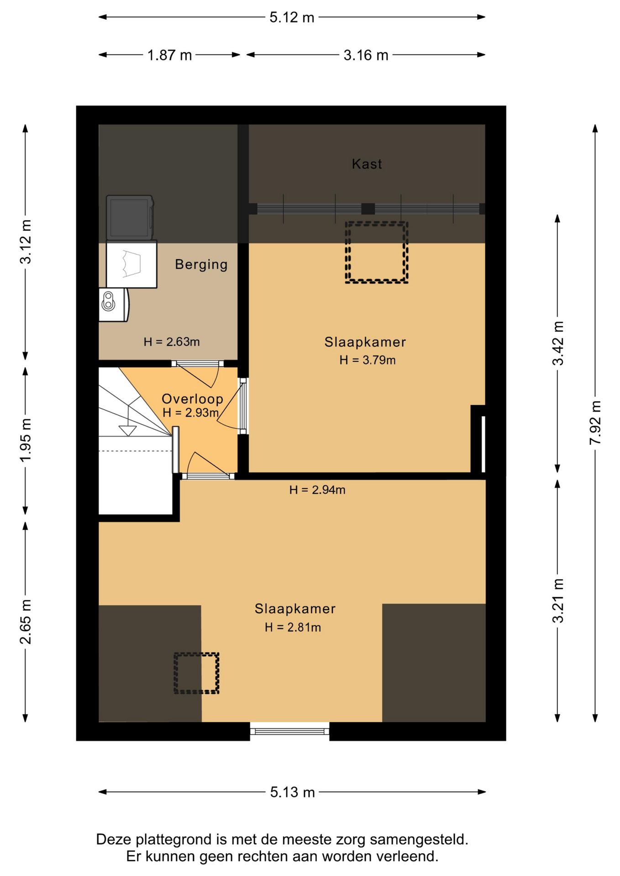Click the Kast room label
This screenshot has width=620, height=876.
(367, 164)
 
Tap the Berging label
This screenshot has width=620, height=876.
(201, 265)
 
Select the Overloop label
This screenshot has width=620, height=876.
(192, 399)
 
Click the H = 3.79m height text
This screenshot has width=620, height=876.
(367, 360)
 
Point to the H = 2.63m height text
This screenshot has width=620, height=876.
(171, 342)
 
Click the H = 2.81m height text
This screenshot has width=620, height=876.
(293, 627)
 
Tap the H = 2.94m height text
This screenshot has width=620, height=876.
(317, 490)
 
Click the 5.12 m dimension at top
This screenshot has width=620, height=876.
(292, 17)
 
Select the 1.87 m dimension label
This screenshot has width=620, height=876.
(169, 55)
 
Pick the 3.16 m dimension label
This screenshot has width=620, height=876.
(366, 55)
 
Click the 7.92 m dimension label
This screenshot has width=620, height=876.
(595, 423)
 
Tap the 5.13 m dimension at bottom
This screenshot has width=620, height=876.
(292, 792)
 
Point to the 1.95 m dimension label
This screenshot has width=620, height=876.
(26, 440)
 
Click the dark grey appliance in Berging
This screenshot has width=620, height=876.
(130, 218)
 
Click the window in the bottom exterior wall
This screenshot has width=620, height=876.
(290, 731)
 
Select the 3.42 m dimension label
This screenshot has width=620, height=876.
(558, 344)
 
